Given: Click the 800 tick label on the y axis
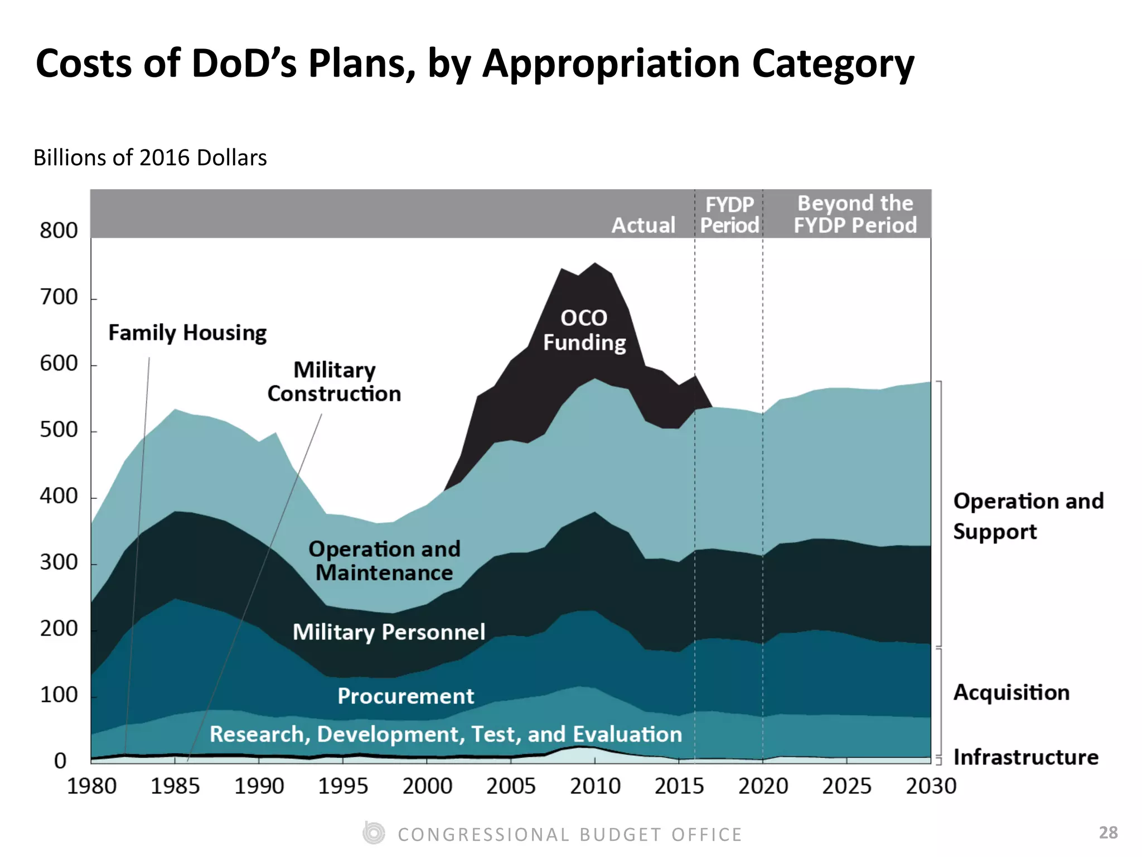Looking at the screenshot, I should [x=59, y=230].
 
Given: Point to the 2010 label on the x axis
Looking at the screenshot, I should [x=595, y=786].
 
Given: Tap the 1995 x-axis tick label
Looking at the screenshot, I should [x=343, y=786].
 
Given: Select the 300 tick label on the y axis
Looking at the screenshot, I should [x=59, y=562].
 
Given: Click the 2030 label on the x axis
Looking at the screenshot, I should [x=931, y=786].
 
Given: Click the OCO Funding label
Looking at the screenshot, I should [x=584, y=330].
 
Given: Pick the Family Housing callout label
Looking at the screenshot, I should [x=187, y=333].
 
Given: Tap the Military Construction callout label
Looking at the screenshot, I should [x=334, y=382].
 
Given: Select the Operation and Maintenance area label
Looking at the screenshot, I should [x=384, y=561].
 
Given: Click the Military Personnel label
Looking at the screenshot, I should [x=389, y=632].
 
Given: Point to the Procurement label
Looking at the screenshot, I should [x=405, y=696].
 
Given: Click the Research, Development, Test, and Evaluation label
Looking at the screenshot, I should [x=446, y=734].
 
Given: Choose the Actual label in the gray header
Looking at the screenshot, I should [x=643, y=225].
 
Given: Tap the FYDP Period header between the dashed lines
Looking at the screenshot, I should [x=729, y=215].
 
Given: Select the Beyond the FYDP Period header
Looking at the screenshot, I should [x=855, y=214].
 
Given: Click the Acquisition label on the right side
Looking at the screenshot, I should [x=1011, y=692].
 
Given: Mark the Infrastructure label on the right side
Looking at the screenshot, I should [x=1025, y=757].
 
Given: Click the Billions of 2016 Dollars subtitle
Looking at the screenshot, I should [x=150, y=158].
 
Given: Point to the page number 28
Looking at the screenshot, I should [x=1108, y=832].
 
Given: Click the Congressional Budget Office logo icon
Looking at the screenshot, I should [x=374, y=834].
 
